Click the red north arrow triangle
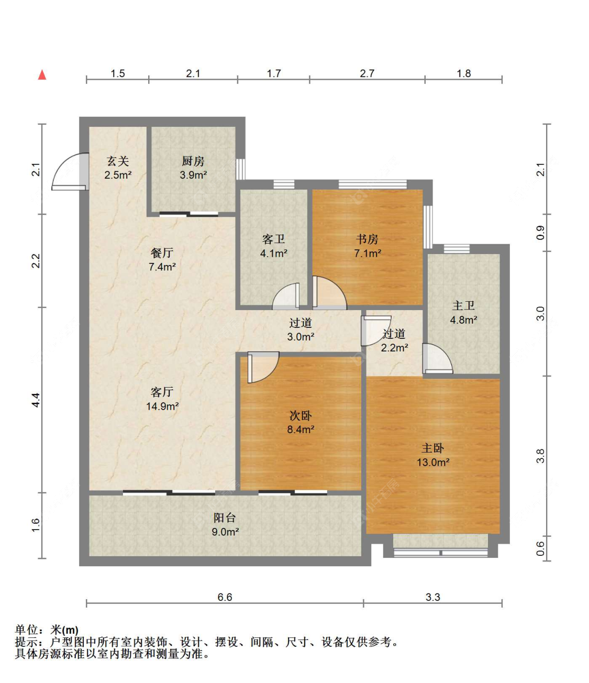(x=42, y=75)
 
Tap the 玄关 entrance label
(x=118, y=161)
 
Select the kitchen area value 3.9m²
(x=193, y=175)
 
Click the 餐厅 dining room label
(x=162, y=252)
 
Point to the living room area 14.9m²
(x=162, y=406)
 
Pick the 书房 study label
(x=367, y=239)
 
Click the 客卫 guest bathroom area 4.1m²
(x=273, y=254)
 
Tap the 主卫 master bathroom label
(x=463, y=305)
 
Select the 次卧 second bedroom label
(x=301, y=415)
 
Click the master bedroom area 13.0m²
(x=433, y=462)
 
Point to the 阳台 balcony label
(x=225, y=517)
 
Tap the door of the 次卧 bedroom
(x=263, y=367)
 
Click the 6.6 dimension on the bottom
(x=225, y=597)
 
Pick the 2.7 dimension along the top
(x=367, y=73)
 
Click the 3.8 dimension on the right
(x=540, y=456)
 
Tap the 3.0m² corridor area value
(x=301, y=337)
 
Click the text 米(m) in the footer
(x=64, y=630)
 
